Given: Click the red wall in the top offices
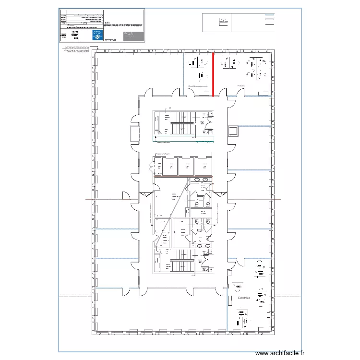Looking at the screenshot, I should [x=213, y=74].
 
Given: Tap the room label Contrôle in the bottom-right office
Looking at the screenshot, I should [x=244, y=298].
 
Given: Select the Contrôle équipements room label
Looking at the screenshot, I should [x=198, y=86].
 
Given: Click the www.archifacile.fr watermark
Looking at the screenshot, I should [x=280, y=353].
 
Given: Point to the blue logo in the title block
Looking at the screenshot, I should [x=97, y=36].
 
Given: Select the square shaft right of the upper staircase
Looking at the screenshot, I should [x=233, y=131].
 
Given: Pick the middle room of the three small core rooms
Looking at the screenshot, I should [x=186, y=167].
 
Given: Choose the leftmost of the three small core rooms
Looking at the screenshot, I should [x=169, y=167].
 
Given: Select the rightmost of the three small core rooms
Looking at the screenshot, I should [x=203, y=167].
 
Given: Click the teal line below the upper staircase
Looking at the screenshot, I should [x=182, y=142].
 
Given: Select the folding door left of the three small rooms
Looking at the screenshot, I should [x=151, y=166].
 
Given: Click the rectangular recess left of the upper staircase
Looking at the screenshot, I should [x=133, y=131].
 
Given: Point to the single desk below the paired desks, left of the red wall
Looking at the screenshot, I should [x=199, y=76].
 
